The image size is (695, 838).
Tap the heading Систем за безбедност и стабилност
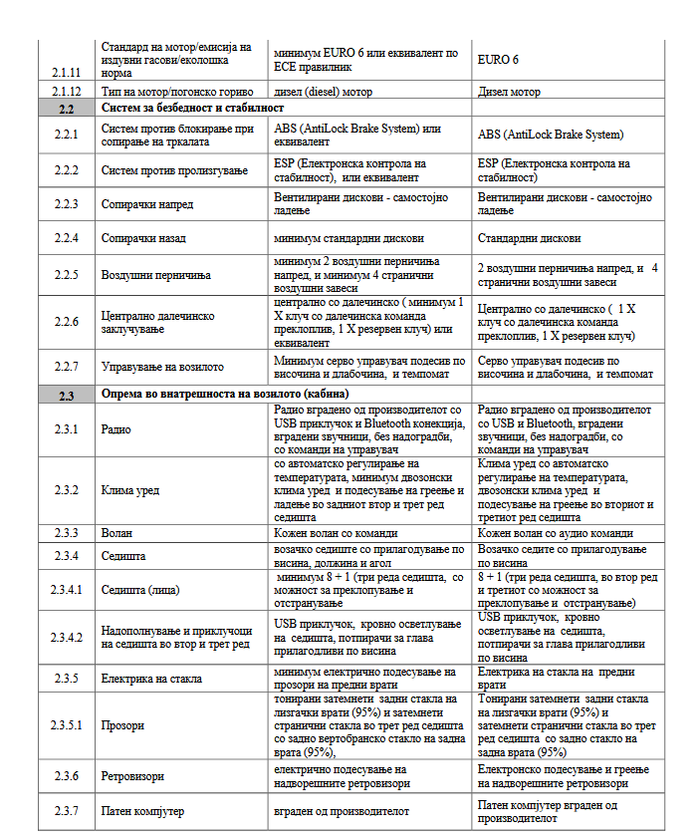[x=192, y=108]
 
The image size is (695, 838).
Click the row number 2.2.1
[x=67, y=135]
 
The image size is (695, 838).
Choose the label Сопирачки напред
[x=147, y=204]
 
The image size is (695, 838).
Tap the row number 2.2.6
[x=67, y=322]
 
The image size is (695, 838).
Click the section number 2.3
[x=67, y=396]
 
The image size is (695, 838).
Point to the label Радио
[x=117, y=429]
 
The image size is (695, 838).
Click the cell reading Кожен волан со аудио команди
[x=555, y=533]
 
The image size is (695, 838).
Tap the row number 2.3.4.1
[x=67, y=589]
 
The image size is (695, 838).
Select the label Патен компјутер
[x=143, y=812]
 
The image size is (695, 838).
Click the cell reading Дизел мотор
[x=510, y=92]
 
